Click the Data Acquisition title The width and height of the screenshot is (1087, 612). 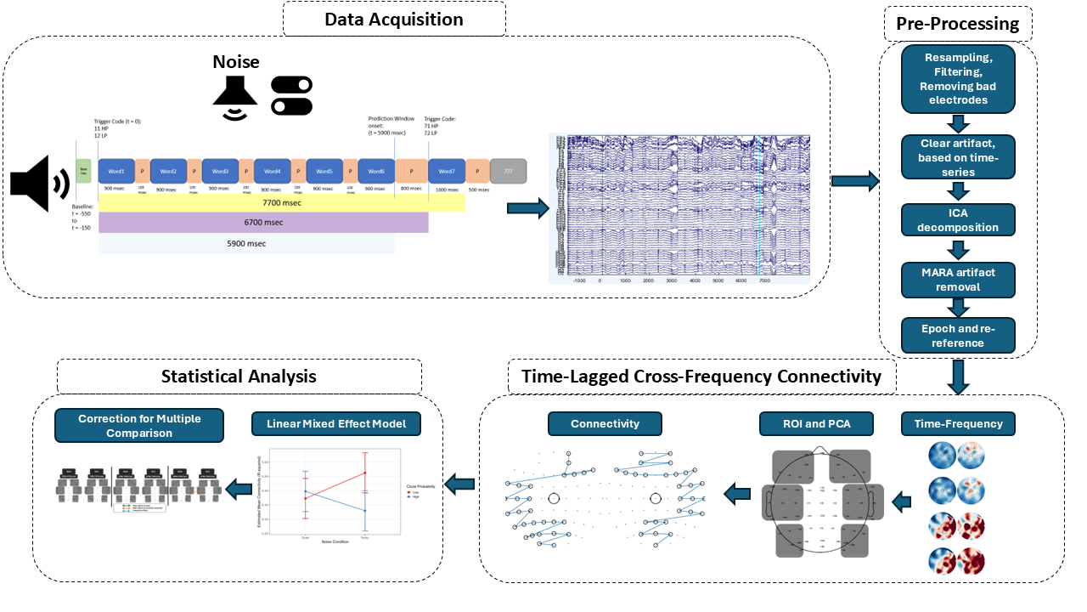(x=394, y=19)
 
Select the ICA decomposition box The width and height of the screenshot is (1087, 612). (x=957, y=219)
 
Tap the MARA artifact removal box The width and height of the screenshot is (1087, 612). (x=957, y=280)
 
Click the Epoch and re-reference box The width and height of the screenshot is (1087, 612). (x=957, y=336)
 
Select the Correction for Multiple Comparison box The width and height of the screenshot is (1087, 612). (x=138, y=426)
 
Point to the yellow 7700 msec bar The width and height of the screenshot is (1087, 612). (x=281, y=204)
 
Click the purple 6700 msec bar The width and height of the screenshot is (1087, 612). (x=263, y=223)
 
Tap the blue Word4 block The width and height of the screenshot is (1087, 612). (x=273, y=172)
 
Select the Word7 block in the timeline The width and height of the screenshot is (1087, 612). (x=446, y=172)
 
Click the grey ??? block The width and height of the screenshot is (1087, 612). (x=508, y=172)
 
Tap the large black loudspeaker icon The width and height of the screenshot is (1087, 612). (x=39, y=183)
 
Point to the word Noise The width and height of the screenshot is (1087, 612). (x=235, y=62)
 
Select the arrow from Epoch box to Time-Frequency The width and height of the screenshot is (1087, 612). (x=958, y=377)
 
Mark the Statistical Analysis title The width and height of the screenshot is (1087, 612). (x=239, y=376)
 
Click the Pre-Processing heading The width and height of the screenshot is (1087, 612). (x=957, y=24)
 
